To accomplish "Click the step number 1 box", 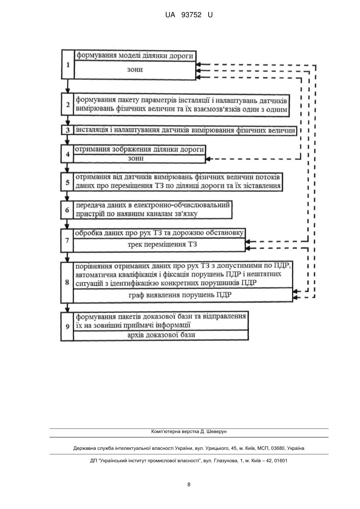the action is [x=68, y=65].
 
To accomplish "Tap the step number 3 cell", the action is [x=68, y=130].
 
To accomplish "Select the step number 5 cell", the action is [x=67, y=182].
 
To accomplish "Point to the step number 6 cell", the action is [x=67, y=210].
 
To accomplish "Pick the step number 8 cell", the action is [x=67, y=282].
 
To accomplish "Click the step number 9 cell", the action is [x=67, y=327].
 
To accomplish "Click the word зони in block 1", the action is [x=135, y=70].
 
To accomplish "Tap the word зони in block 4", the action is [x=135, y=158].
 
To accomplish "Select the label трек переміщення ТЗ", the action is [x=162, y=244].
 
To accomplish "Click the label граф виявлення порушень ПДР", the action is [x=180, y=295].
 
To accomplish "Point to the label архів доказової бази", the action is [x=161, y=335].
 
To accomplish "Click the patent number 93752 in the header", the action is [x=191, y=15].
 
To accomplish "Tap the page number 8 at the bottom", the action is [x=189, y=485].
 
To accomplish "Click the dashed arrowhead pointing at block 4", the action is [x=208, y=159].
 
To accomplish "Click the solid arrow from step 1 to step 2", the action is [x=68, y=86].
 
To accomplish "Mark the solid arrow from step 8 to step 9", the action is [x=67, y=307].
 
